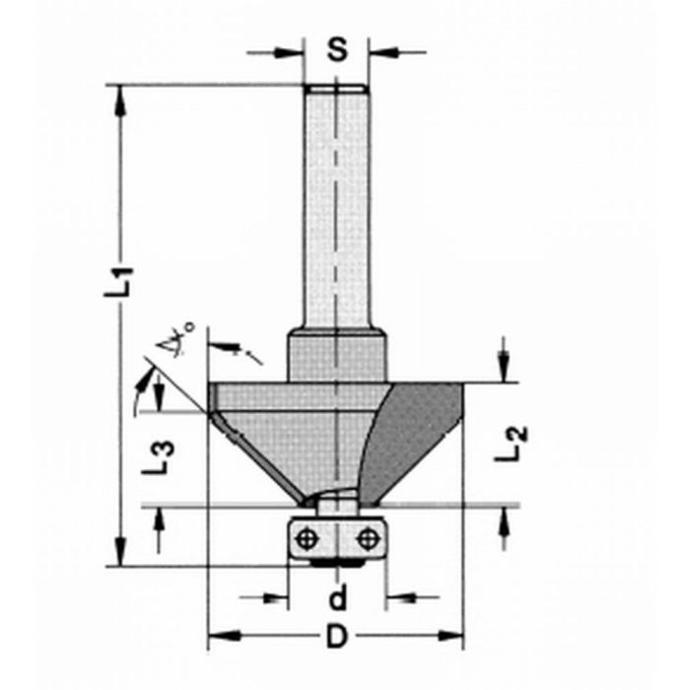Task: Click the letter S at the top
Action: (337, 49)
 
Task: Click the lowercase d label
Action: (337, 597)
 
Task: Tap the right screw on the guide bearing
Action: (369, 538)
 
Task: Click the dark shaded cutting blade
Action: (414, 434)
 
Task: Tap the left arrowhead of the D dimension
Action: (218, 636)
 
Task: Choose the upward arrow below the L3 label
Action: (159, 518)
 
